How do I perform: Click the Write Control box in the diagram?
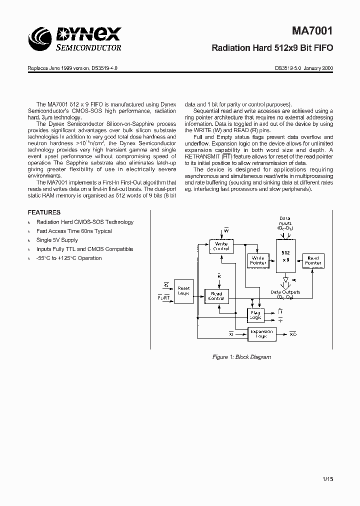pos(221,246)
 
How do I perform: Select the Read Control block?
pos(216,296)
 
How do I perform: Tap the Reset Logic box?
pos(183,290)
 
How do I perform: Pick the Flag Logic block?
pos(255,315)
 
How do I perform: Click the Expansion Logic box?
pos(261,333)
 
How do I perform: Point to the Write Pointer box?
pos(258,260)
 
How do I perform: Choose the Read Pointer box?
pos(313,260)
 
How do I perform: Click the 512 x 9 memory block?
pos(285,255)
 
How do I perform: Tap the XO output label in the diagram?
pos(293,333)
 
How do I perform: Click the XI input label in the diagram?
pos(231,333)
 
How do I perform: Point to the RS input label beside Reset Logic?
pos(166,285)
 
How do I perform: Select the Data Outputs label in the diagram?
pos(285,292)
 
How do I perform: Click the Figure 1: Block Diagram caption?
pos(241,357)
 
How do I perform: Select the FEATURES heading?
pos(44,212)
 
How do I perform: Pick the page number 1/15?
pos(327,479)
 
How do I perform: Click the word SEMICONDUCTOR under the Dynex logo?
pos(87,48)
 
